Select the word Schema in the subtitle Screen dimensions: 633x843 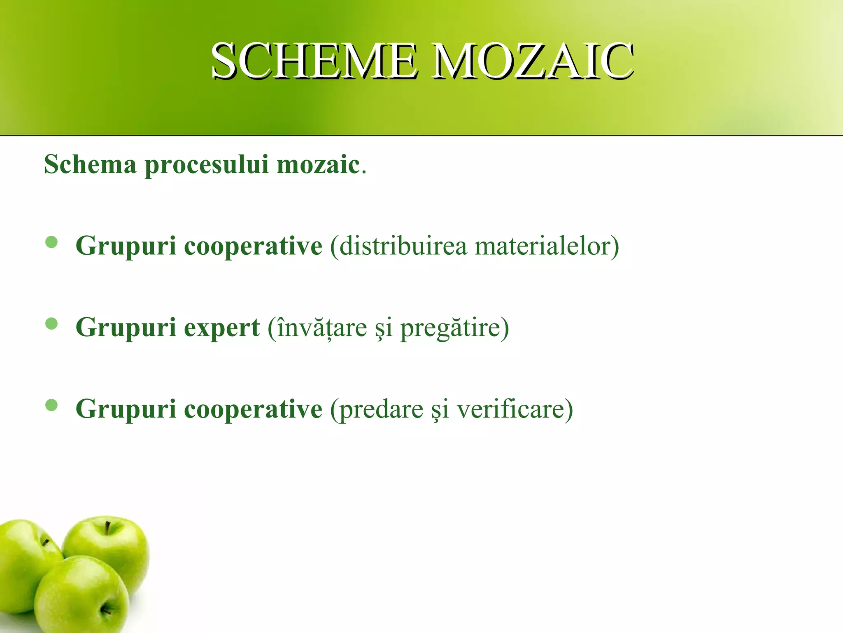pyautogui.click(x=90, y=164)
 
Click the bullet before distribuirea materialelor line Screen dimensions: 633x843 pyautogui.click(x=51, y=243)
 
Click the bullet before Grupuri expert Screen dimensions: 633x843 pyautogui.click(x=51, y=324)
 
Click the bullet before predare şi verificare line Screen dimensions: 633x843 pyautogui.click(x=51, y=406)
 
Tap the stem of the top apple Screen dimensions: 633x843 pyautogui.click(x=108, y=528)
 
